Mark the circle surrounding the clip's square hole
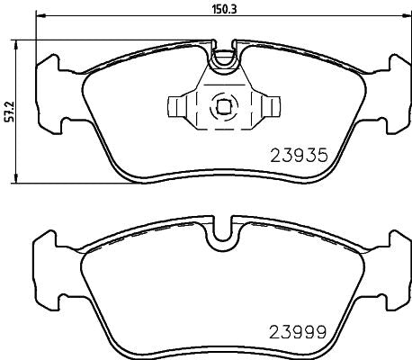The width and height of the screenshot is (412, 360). [x=222, y=96]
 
